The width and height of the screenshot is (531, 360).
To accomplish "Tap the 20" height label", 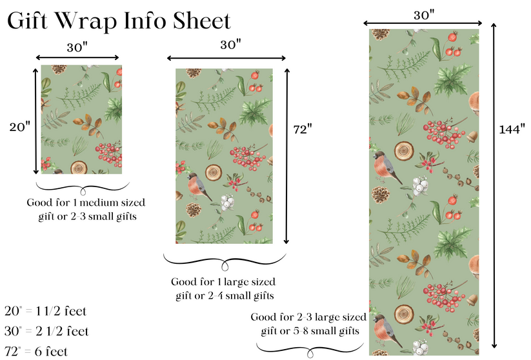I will [19, 127].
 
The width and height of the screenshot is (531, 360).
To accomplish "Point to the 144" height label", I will [512, 129].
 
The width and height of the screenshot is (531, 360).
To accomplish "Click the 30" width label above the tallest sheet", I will [425, 14].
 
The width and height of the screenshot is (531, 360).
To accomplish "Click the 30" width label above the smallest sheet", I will [77, 46].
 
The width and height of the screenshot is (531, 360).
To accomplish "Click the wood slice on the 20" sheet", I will [80, 168].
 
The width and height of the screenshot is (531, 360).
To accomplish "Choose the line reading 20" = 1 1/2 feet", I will [45, 311].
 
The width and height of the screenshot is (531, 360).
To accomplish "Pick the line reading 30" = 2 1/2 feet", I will [46, 331].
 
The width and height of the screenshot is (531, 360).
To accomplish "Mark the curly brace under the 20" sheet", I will [79, 188].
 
